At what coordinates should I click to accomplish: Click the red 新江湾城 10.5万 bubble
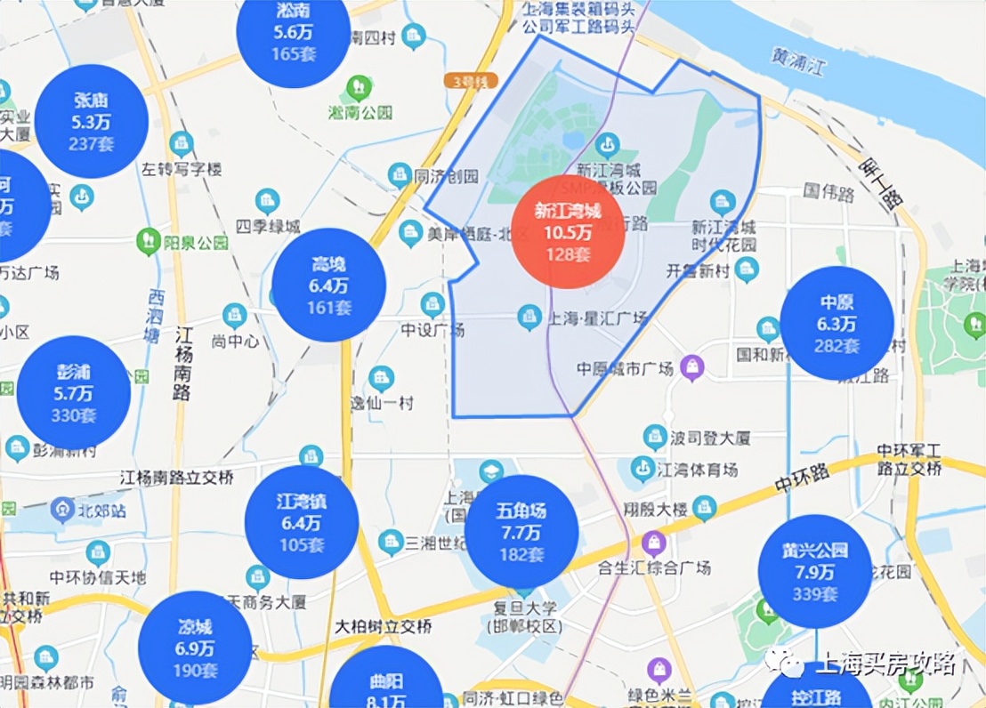pos(568,232)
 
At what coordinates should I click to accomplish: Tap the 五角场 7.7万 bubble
pos(521,532)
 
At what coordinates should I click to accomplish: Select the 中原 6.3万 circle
pos(836,323)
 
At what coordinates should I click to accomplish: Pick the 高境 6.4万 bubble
pos(328,285)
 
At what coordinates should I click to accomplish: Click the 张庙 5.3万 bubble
pos(91,120)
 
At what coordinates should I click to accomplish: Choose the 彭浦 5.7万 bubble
pos(74,392)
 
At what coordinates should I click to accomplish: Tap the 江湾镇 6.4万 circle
pos(301,522)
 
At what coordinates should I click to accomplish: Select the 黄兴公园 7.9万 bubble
pos(815,571)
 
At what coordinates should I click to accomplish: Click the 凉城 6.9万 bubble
pos(195,647)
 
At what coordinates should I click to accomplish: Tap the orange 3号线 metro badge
pos(469,81)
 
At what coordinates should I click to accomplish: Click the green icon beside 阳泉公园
pos(148,241)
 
